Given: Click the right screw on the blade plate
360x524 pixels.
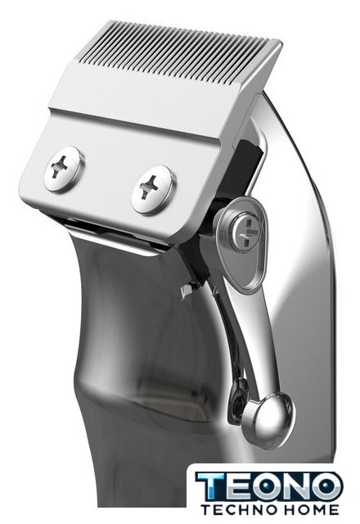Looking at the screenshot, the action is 152,189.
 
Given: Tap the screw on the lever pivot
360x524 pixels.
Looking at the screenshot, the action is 245,233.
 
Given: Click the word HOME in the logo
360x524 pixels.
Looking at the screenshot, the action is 310,509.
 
